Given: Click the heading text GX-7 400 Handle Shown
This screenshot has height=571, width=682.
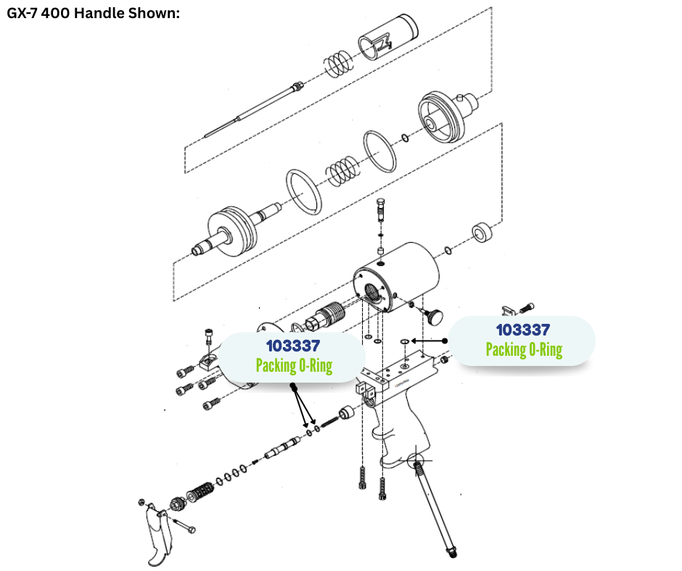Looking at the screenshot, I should coord(94,14).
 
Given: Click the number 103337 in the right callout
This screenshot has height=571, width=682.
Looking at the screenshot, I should coord(523,330).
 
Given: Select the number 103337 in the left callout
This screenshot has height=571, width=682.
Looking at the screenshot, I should coord(292,346).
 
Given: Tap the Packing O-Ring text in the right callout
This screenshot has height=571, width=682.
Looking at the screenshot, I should coord(523,350).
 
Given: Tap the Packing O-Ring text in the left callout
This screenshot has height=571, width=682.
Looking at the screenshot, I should coord(293,365).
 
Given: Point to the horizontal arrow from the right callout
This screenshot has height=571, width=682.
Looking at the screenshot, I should coord(428,340).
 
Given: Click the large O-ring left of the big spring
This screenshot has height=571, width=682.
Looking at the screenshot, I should coord(303,192).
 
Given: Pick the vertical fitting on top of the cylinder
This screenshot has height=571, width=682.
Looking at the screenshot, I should coord(382,213).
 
